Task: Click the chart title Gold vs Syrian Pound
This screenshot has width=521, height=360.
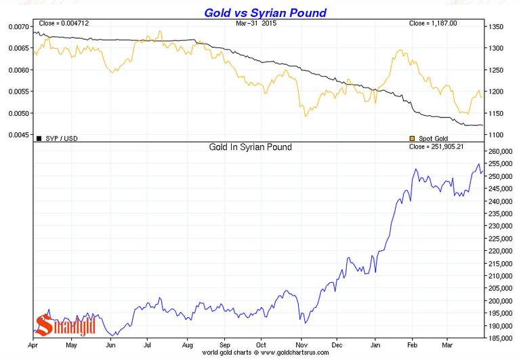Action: (259, 13)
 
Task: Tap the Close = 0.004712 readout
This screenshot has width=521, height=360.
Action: (64, 24)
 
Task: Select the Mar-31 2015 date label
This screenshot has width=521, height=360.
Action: (261, 24)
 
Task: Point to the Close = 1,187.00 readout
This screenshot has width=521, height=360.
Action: (433, 24)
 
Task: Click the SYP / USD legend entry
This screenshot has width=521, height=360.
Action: (60, 138)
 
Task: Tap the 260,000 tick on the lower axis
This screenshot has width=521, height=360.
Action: (501, 151)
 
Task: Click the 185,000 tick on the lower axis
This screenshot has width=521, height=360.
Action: (501, 337)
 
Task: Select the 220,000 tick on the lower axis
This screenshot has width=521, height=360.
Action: (501, 251)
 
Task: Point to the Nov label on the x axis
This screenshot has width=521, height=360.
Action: (298, 345)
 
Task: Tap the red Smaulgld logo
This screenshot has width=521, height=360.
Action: (65, 325)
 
